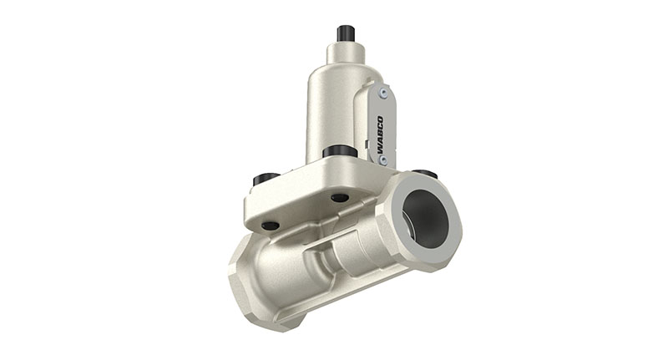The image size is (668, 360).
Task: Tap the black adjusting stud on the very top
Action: [x=346, y=33]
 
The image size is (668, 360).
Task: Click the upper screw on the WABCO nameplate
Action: [x=383, y=94]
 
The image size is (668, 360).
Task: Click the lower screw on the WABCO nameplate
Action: [x=382, y=159]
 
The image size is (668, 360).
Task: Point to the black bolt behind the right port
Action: [x=425, y=174]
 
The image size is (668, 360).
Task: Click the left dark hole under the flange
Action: [x=271, y=225]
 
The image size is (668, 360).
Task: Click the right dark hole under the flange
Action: [x=339, y=198]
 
